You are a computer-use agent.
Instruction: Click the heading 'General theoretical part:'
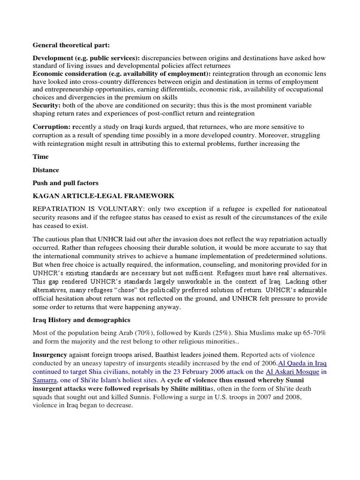pos(70,45)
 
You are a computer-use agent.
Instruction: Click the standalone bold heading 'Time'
pos(40,157)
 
